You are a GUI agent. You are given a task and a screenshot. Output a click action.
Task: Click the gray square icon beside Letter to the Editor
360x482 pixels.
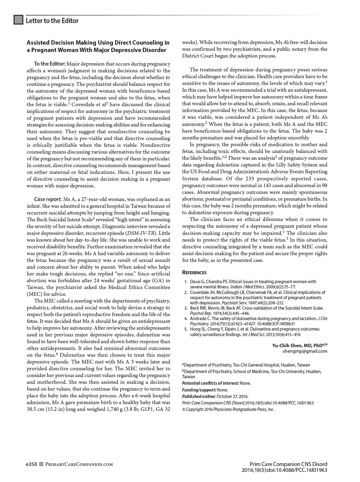click(x=18, y=20)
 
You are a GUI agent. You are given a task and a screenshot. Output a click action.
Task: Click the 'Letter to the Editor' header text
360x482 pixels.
click(x=52, y=21)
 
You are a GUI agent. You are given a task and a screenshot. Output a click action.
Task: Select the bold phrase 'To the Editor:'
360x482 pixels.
click(x=50, y=64)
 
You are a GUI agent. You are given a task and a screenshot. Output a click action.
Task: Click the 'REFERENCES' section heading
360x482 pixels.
click(x=194, y=272)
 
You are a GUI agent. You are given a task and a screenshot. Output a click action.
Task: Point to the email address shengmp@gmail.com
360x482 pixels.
click(x=305, y=351)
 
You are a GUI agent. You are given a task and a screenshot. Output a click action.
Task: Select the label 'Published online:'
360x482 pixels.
click(x=198, y=396)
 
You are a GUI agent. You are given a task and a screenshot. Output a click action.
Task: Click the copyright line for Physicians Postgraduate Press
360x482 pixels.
click(x=228, y=409)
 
